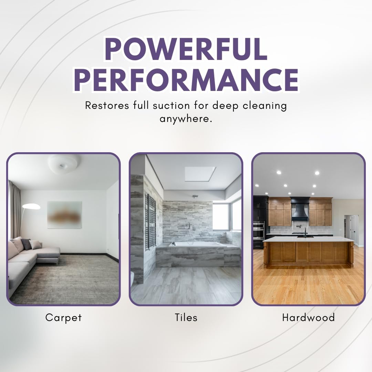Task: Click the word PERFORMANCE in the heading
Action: pyautogui.click(x=186, y=80)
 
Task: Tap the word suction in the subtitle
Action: pyautogui.click(x=165, y=105)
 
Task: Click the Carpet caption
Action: pyautogui.click(x=63, y=317)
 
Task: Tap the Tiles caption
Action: pyautogui.click(x=186, y=317)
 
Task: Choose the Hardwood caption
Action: pyautogui.click(x=308, y=317)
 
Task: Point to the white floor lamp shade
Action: pyautogui.click(x=31, y=206)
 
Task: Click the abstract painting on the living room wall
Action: pyautogui.click(x=64, y=215)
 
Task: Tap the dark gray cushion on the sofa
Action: pyautogui.click(x=26, y=244)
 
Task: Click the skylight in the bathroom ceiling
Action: pyautogui.click(x=200, y=174)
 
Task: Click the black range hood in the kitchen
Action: pyautogui.click(x=300, y=208)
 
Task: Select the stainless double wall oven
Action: pyautogui.click(x=259, y=230)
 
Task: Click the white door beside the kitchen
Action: pyautogui.click(x=353, y=229)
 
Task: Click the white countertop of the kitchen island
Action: pyautogui.click(x=308, y=239)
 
